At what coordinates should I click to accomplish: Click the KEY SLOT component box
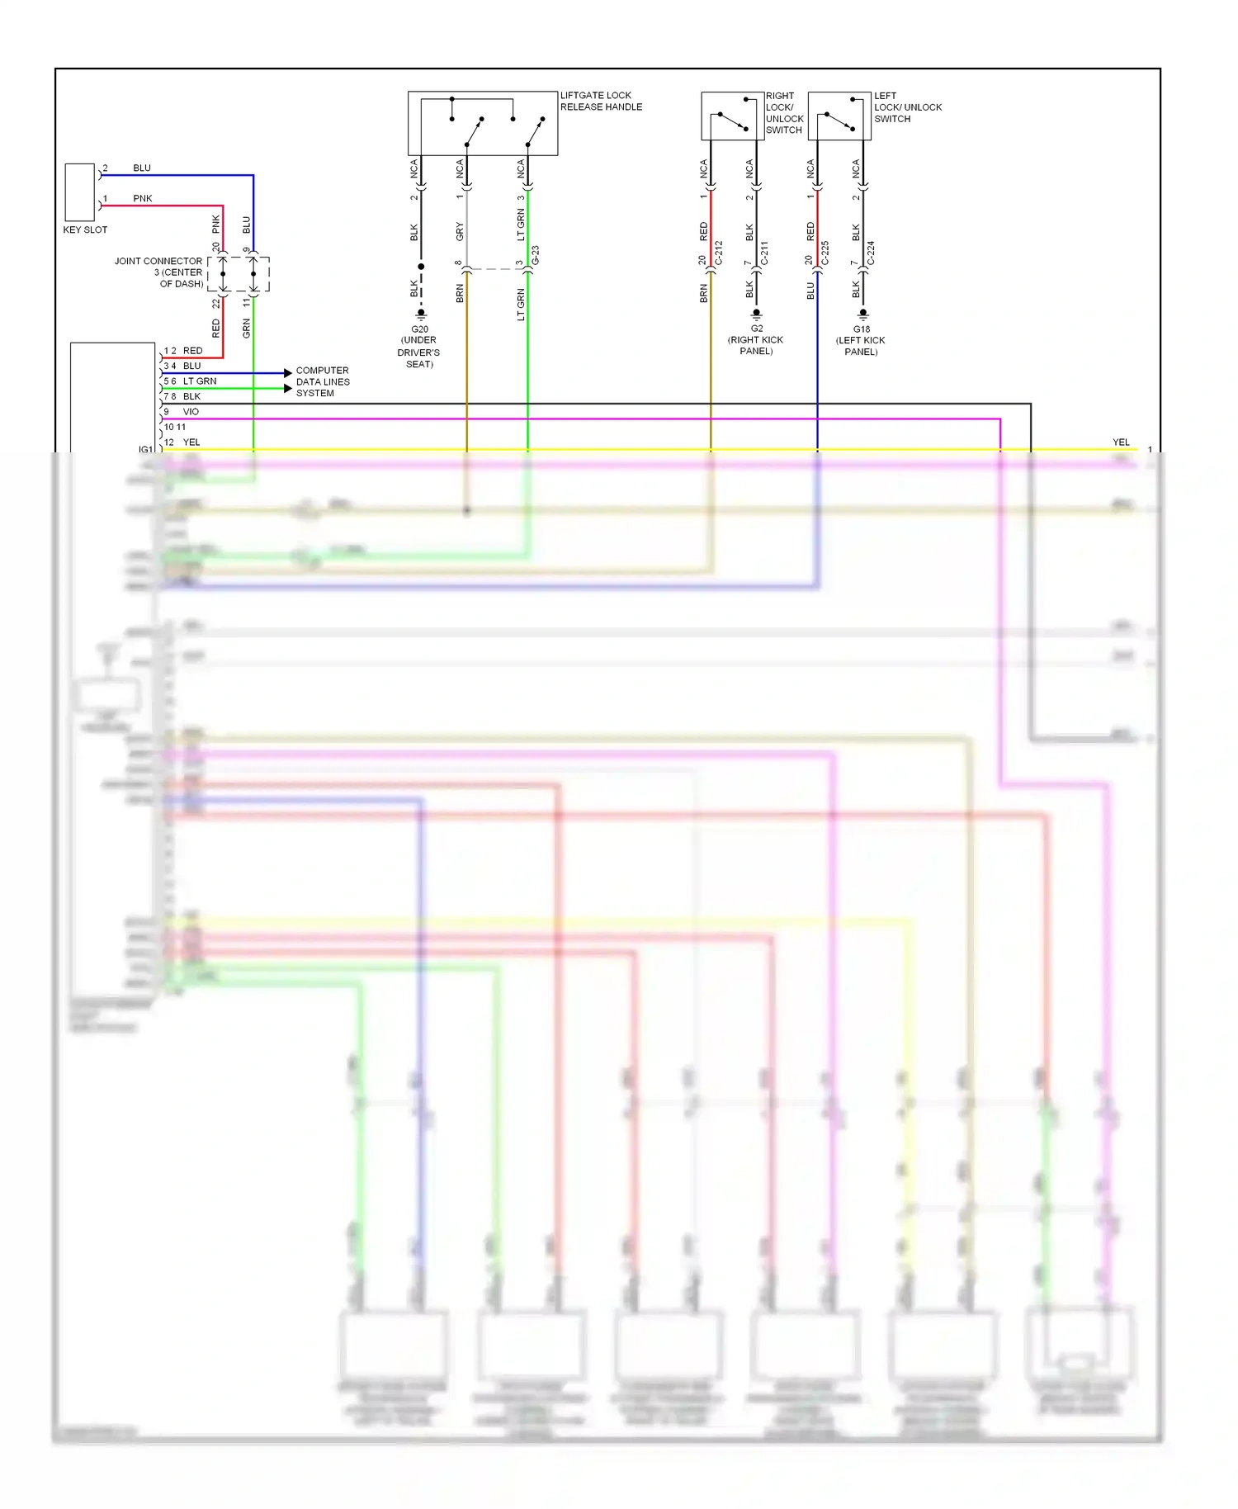[x=80, y=192]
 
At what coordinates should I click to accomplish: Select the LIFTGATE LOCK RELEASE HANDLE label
[x=601, y=102]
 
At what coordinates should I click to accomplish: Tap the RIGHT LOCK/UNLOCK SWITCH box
[x=732, y=116]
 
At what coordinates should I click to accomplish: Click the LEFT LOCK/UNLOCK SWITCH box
[x=839, y=116]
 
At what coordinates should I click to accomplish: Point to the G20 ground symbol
[x=421, y=315]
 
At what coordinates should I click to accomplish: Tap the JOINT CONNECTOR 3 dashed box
[x=238, y=274]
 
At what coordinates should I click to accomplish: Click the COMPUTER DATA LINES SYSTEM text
[x=323, y=381]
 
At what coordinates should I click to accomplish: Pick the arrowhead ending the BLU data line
[x=288, y=373]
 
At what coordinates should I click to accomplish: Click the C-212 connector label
[x=719, y=253]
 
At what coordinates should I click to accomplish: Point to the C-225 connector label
[x=825, y=253]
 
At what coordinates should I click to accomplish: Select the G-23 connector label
[x=536, y=255]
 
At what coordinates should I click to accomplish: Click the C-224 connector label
[x=871, y=253]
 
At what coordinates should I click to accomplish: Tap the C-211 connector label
[x=764, y=253]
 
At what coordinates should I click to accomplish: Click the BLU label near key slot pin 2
[x=142, y=168]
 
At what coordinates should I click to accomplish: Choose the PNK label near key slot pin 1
[x=143, y=199]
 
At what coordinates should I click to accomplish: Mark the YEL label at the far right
[x=1121, y=442]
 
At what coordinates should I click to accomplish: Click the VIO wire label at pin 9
[x=191, y=412]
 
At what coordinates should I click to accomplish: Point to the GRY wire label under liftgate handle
[x=460, y=232]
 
